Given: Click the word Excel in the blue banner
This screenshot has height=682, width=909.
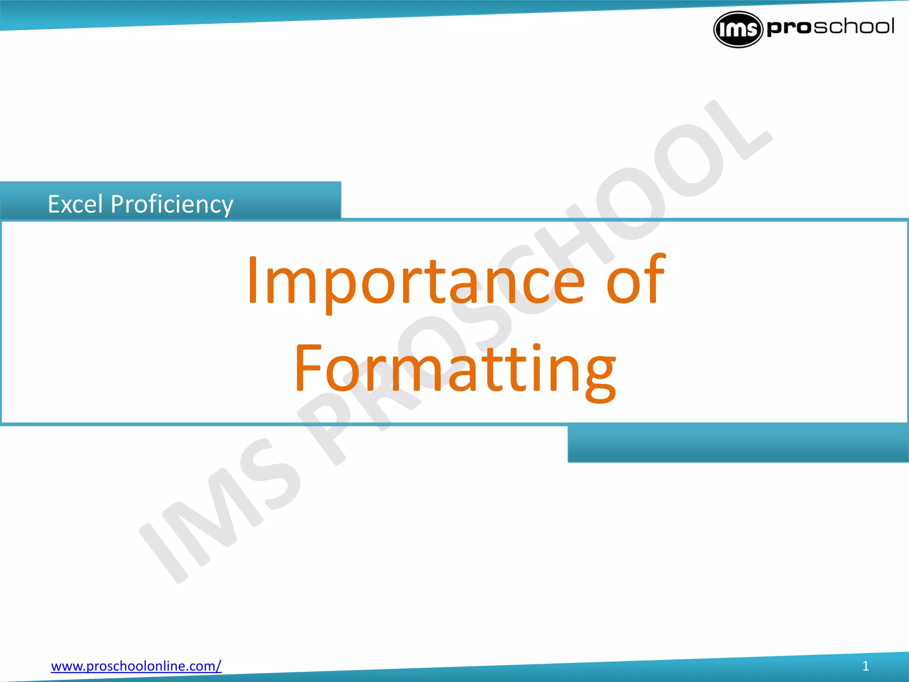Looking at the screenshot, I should (x=75, y=204).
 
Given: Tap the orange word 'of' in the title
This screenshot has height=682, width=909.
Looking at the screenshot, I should (x=636, y=280).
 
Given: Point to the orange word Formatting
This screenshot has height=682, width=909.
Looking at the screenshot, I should (x=455, y=369).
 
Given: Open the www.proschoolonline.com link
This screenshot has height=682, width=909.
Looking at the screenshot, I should (x=136, y=666).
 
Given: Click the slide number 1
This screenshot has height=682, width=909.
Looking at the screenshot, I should (x=865, y=666).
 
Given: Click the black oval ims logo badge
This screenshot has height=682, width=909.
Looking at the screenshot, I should (x=738, y=29).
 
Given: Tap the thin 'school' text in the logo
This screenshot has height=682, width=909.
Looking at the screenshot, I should (x=854, y=27).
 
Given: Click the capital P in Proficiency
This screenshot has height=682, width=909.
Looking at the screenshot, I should (x=118, y=204).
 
